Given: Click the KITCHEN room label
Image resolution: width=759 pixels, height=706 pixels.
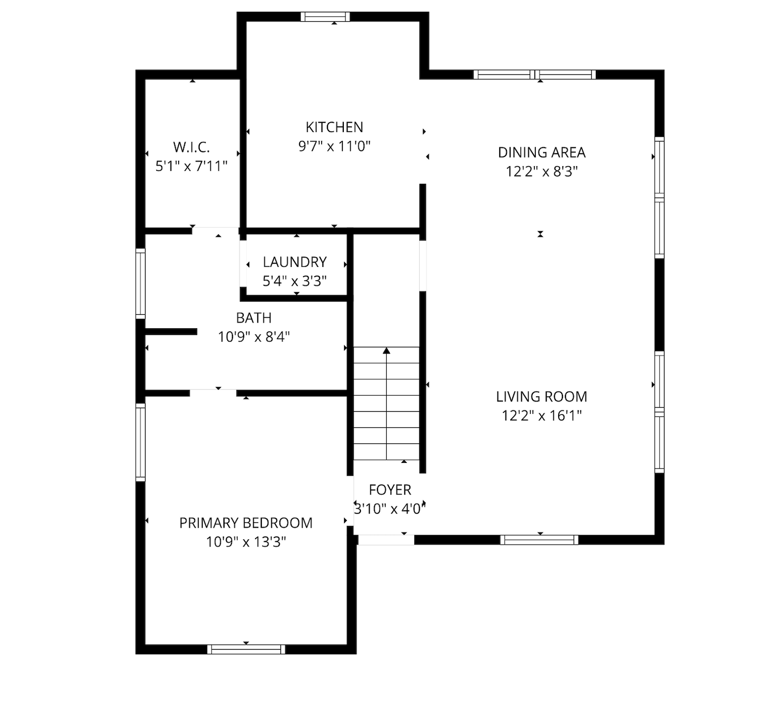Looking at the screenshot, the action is [335, 127].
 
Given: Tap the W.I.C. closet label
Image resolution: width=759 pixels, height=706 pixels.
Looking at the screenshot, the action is [191, 147].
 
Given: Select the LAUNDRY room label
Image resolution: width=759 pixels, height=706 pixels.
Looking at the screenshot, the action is [295, 262].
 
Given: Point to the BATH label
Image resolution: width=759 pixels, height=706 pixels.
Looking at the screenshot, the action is [254, 318].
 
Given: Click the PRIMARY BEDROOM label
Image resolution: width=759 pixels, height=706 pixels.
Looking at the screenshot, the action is [246, 523].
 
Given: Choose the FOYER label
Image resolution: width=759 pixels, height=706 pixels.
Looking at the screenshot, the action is [390, 490].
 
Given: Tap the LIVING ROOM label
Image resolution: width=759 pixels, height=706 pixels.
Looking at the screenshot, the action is [542, 396].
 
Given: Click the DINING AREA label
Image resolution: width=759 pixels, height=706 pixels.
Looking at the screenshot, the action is [542, 152].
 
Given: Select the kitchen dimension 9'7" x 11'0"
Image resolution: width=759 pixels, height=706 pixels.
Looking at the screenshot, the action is [335, 146].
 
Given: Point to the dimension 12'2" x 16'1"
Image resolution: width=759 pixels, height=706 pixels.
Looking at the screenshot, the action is [542, 415].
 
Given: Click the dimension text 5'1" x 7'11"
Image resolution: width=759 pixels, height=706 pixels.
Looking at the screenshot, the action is [191, 166].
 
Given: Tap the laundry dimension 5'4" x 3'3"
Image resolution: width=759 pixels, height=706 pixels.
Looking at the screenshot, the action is [294, 281].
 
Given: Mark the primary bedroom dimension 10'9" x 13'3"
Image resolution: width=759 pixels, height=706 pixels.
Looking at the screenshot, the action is [246, 542].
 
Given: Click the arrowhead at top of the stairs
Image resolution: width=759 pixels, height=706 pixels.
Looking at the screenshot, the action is [386, 350].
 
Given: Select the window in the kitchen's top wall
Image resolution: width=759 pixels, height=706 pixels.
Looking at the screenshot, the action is [325, 17].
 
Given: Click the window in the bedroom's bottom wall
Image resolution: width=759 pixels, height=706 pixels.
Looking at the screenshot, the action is [246, 649].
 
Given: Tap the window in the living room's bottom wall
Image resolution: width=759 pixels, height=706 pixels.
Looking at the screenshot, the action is [539, 540].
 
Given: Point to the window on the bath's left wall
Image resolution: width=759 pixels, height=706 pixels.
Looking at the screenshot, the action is [140, 283].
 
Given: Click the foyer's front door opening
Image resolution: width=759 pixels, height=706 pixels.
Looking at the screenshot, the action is [386, 540].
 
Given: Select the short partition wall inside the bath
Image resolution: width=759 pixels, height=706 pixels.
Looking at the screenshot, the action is [171, 332].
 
